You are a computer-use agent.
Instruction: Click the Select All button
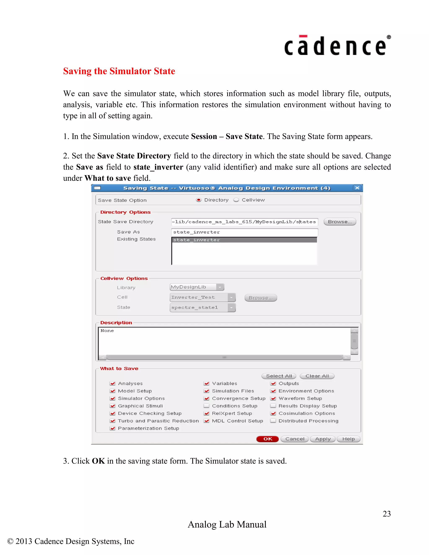(x=279, y=376)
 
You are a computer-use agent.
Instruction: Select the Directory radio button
(x=199, y=200)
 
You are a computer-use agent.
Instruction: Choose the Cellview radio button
(x=236, y=200)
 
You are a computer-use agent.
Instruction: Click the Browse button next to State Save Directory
(x=340, y=222)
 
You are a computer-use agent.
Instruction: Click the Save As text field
(x=244, y=232)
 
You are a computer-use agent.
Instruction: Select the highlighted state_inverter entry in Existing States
(x=244, y=240)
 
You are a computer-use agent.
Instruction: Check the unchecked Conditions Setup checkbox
(x=207, y=406)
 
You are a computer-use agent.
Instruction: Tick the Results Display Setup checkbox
(x=273, y=406)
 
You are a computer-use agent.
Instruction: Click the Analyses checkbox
(x=112, y=383)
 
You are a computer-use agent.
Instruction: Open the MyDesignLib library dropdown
(x=220, y=287)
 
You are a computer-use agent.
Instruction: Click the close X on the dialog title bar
(x=357, y=188)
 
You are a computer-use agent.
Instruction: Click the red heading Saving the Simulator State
(x=119, y=71)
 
